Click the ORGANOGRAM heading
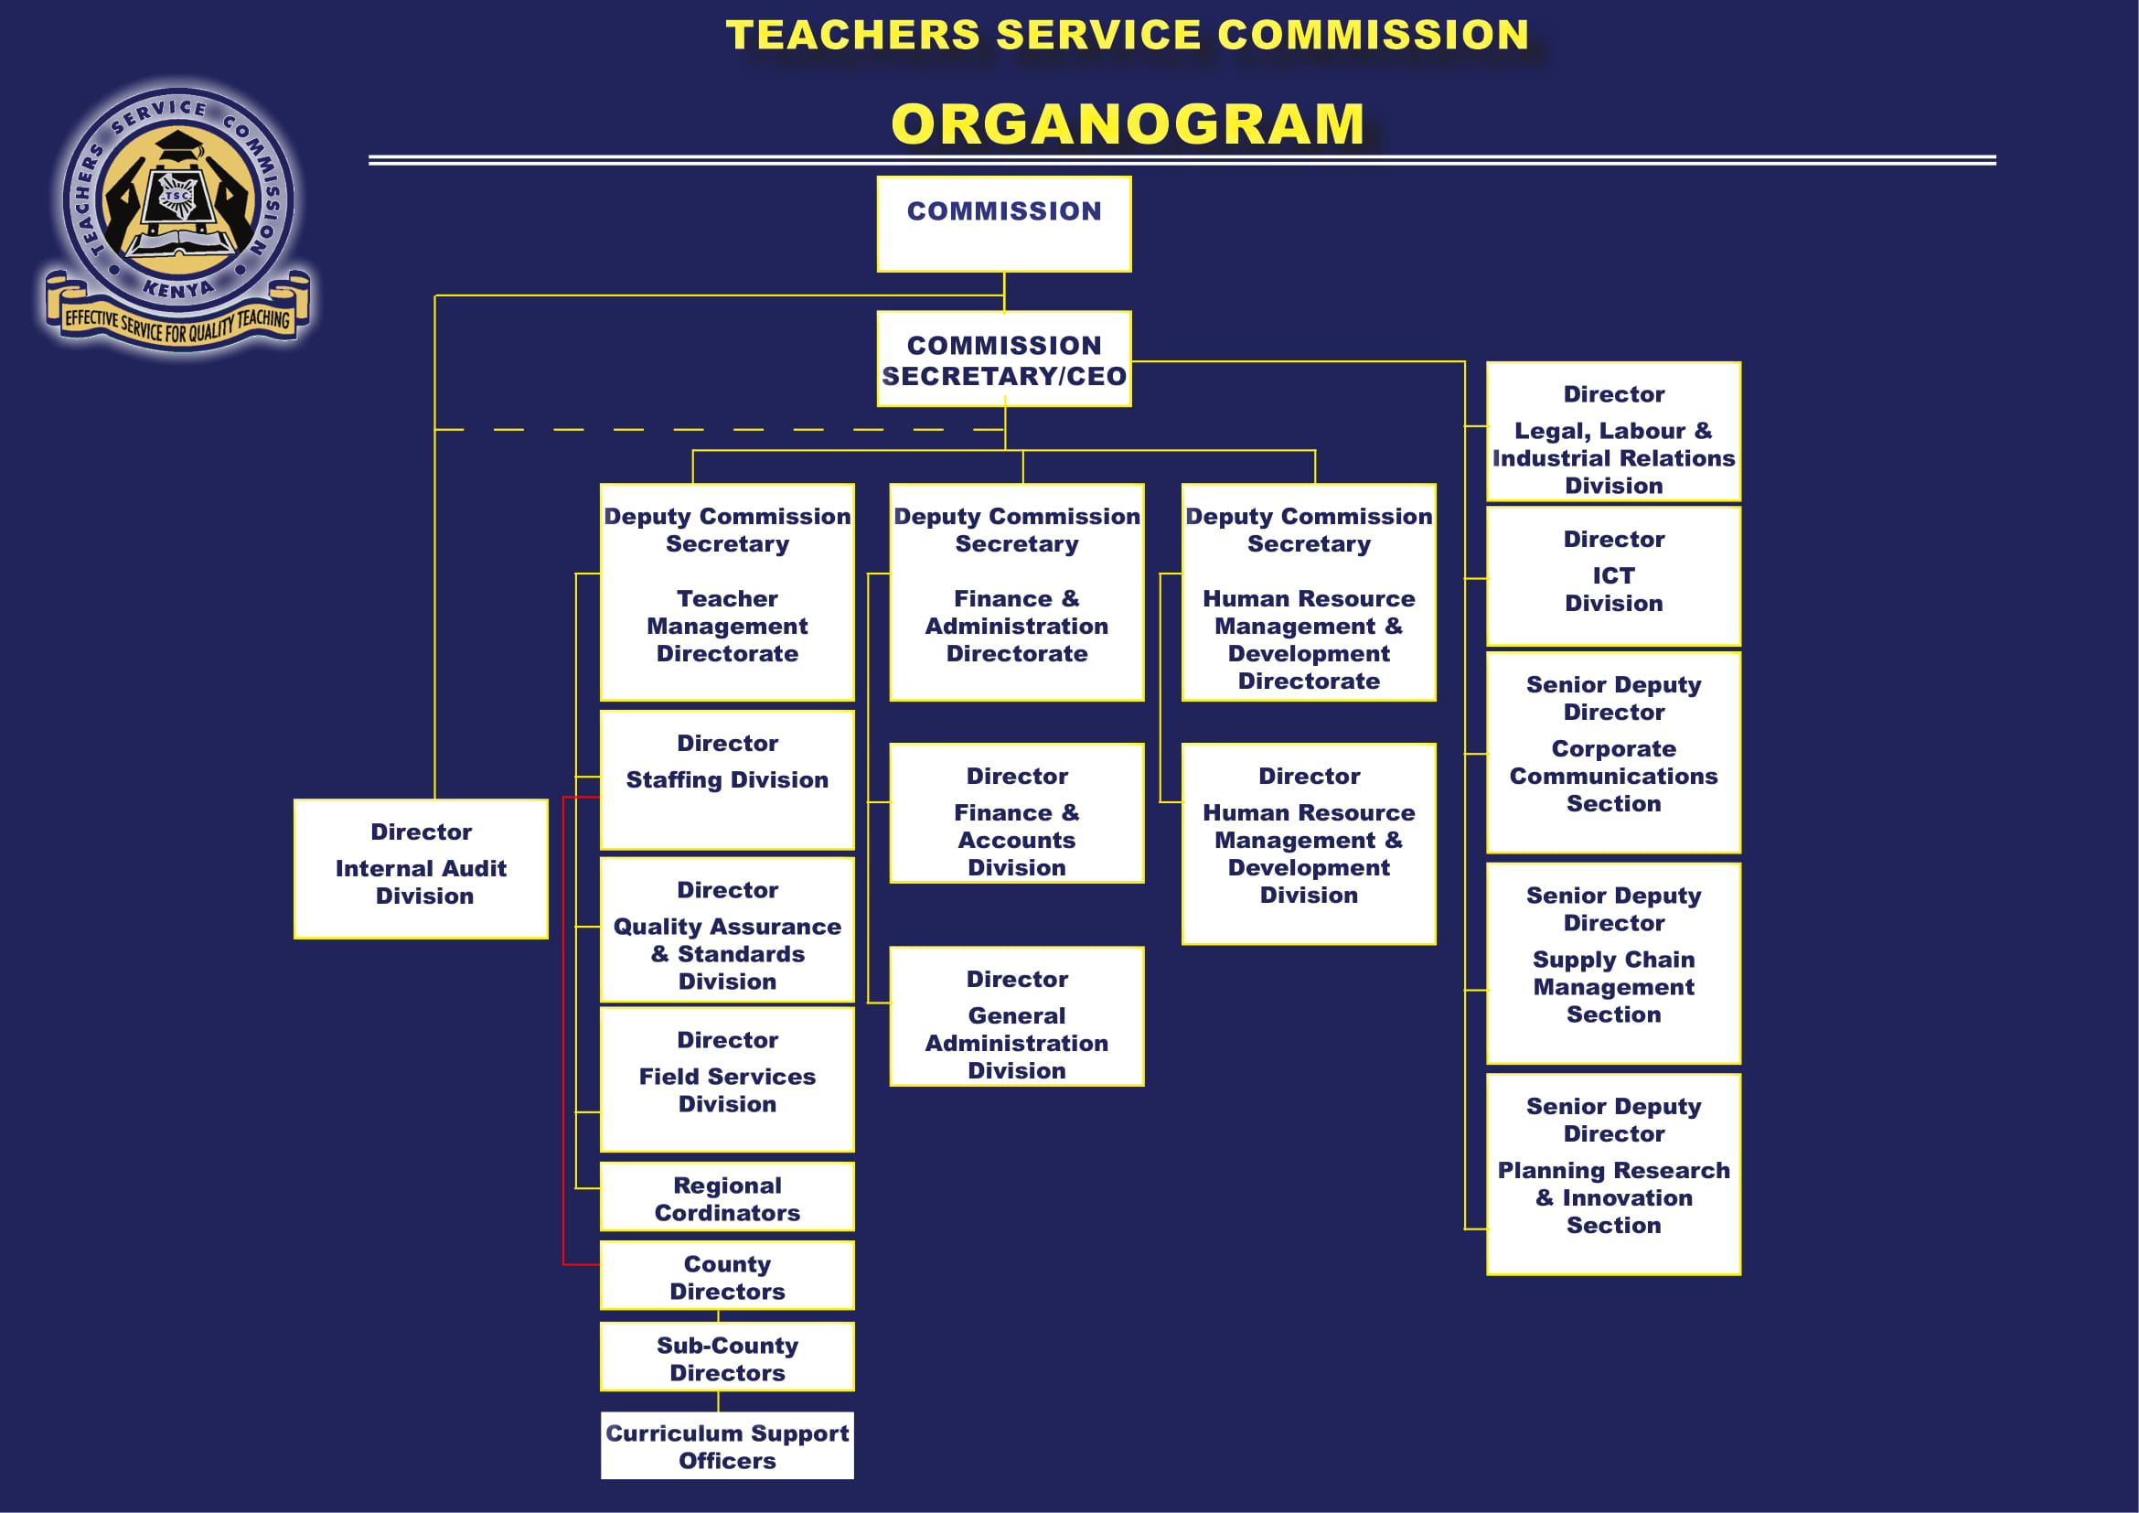1128,123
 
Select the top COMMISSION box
1004,224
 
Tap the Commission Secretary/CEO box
1004,359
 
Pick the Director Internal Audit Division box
421,869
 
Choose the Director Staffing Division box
728,779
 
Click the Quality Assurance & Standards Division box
728,929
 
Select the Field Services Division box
728,1079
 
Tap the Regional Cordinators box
728,1196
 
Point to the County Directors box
728,1275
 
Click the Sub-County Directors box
728,1357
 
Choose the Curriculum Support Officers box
728,1446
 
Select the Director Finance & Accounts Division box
1017,813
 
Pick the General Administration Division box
1017,1016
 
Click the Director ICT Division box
1613,575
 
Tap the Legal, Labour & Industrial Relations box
1613,432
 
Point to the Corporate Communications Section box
1613,753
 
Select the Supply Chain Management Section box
1613,963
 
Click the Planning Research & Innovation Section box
1613,1175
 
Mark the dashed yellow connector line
719,430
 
